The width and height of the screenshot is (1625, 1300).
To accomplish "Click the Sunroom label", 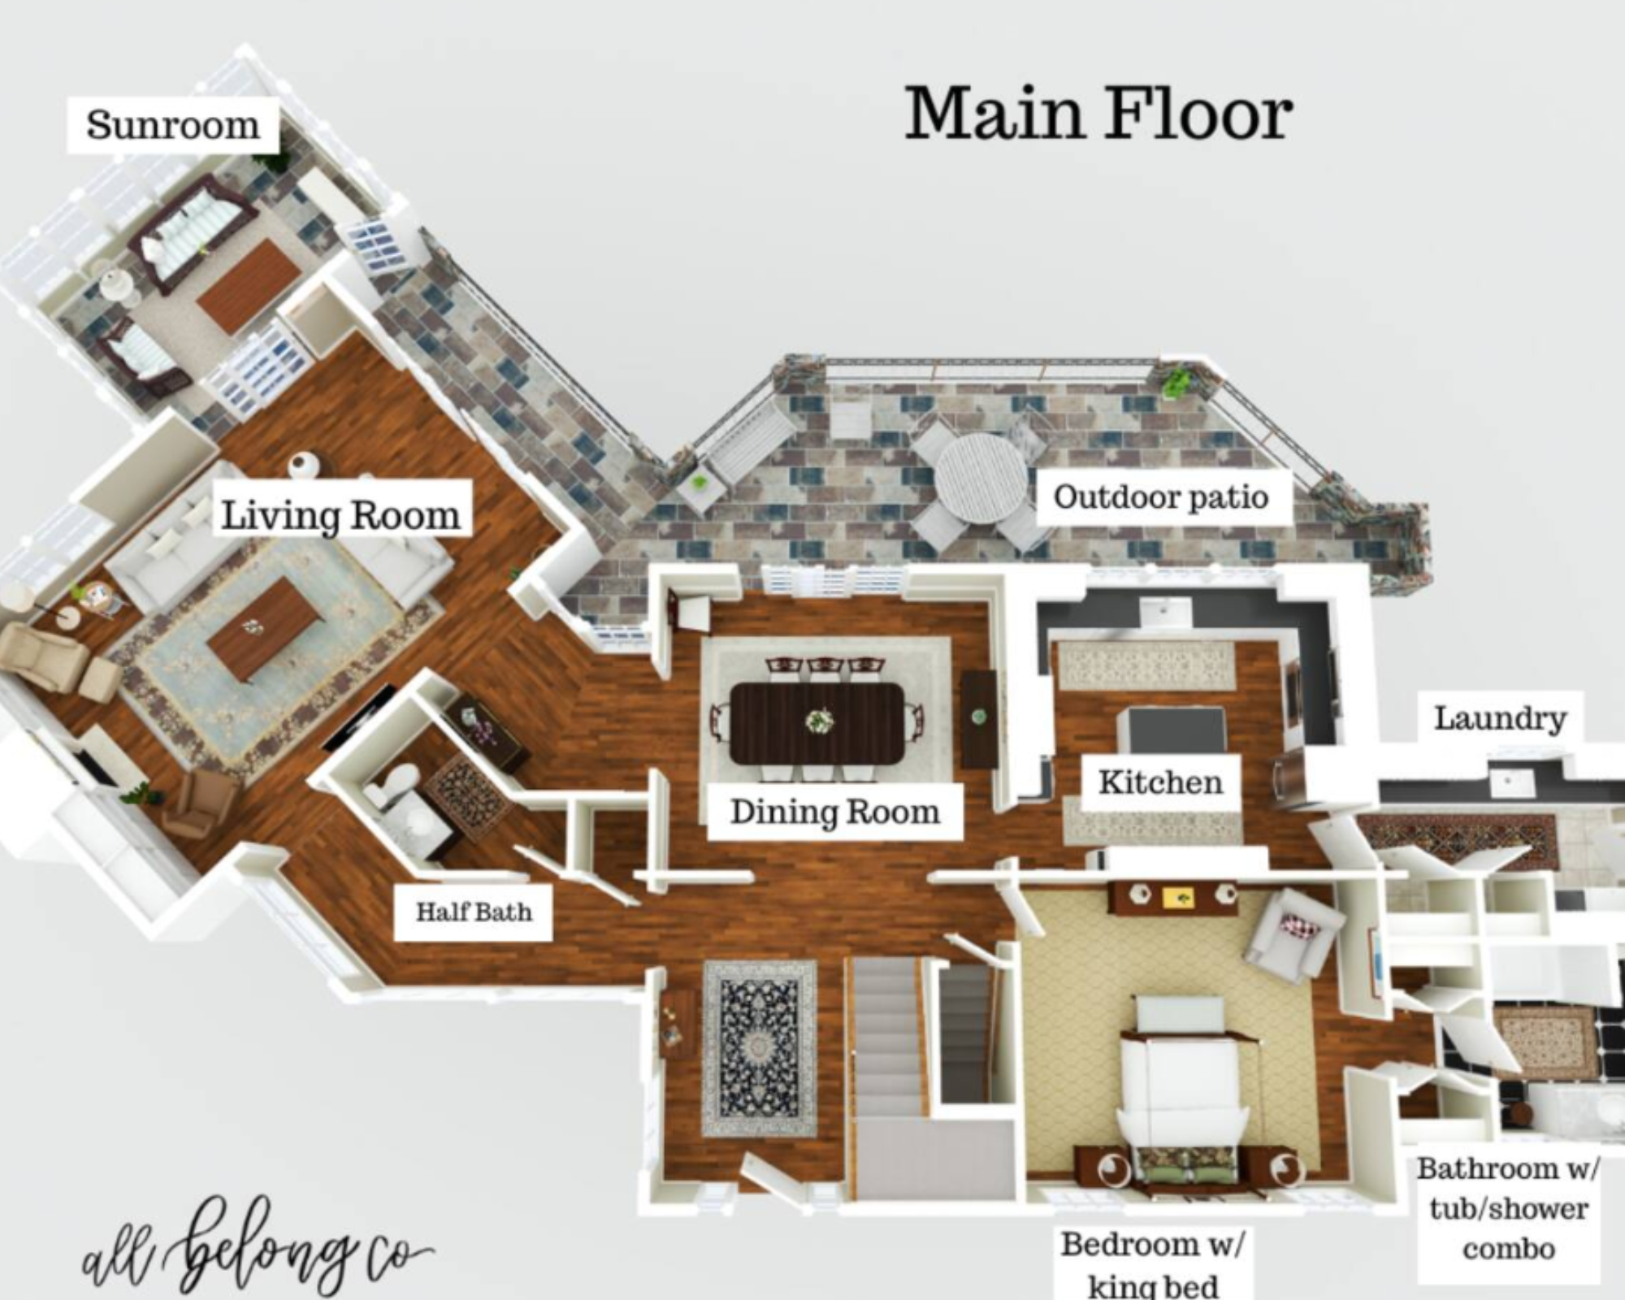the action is (173, 125).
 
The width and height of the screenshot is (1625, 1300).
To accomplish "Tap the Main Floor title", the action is (1098, 114).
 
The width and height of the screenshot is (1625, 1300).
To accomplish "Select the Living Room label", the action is (342, 514).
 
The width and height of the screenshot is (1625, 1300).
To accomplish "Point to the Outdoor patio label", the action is (1161, 496).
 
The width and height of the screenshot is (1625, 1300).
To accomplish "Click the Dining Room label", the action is (835, 812).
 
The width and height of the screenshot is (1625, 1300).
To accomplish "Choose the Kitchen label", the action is (1161, 782).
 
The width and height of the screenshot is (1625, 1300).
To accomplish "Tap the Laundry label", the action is (1500, 717).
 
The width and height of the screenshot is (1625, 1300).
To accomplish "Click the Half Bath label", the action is (474, 912).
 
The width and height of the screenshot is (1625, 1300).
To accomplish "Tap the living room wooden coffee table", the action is (266, 626).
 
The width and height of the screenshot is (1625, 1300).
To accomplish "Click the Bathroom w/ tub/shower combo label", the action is (1508, 1208).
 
